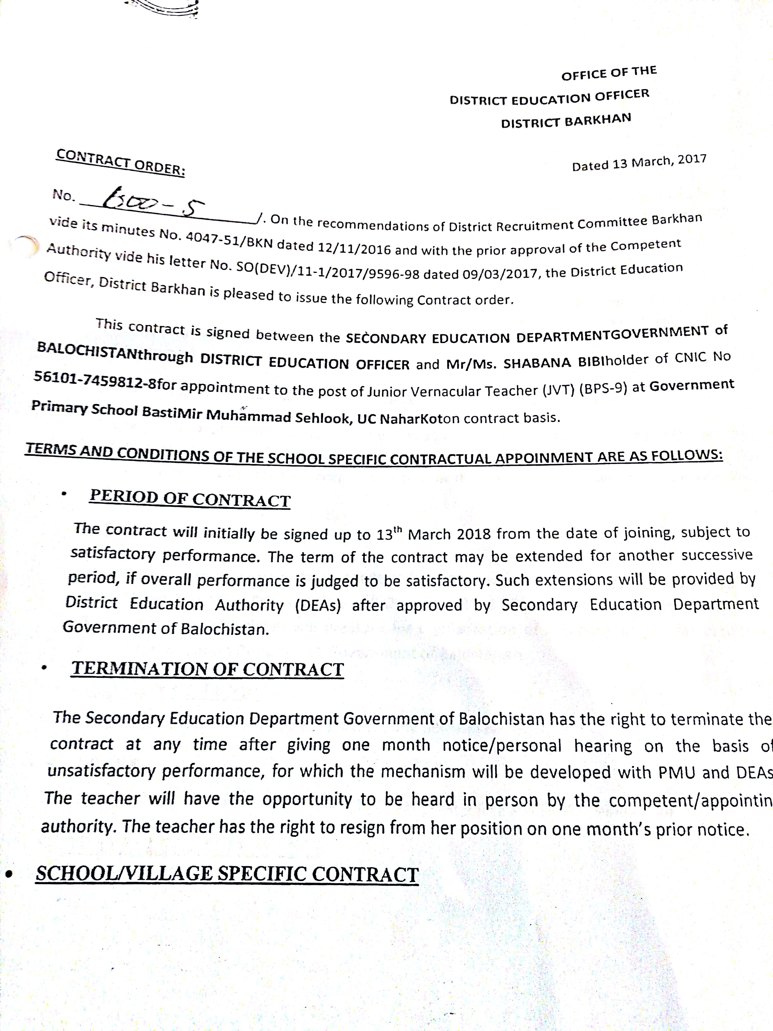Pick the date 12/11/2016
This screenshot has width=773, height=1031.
tap(354, 247)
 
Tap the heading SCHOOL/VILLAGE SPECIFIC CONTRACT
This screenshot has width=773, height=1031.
tap(227, 874)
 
